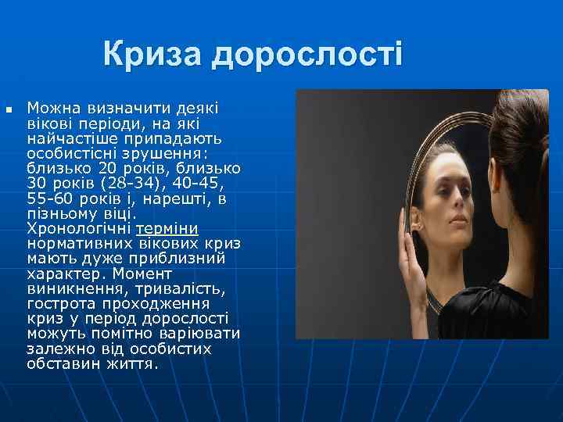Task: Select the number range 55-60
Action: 52,198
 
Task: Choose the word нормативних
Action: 76,244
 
